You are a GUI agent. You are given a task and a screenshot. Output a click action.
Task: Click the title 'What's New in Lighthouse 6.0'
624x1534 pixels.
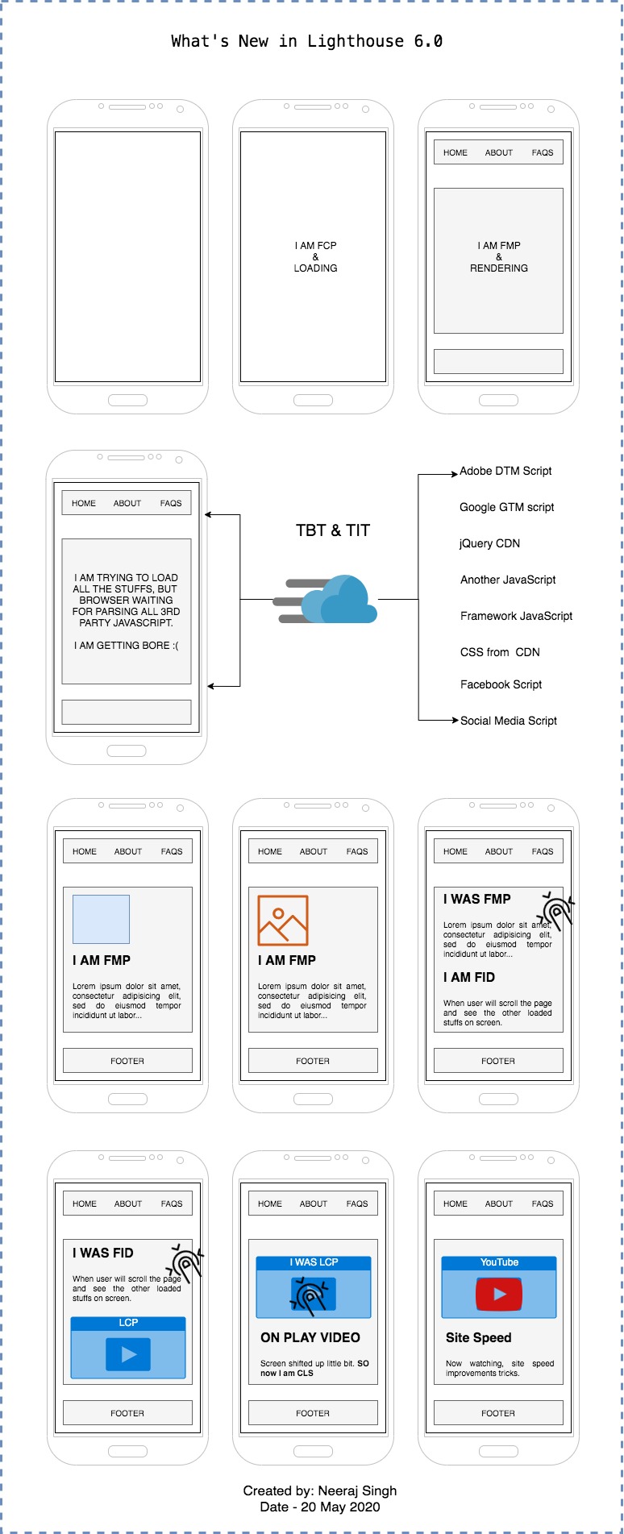tap(306, 41)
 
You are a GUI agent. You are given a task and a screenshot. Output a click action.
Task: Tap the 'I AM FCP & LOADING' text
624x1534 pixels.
tap(315, 256)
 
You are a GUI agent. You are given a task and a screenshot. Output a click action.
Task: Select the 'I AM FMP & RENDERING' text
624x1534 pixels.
tap(499, 256)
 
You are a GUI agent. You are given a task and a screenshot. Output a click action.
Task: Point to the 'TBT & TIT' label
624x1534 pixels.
tap(333, 530)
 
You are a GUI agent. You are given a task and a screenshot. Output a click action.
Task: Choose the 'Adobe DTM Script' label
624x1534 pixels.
tap(505, 471)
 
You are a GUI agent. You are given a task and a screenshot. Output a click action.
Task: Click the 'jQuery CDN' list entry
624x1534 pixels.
tap(489, 543)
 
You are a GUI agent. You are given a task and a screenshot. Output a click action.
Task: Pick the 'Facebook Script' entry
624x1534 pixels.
tap(501, 684)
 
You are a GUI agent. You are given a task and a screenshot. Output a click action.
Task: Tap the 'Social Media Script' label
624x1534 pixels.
tap(508, 721)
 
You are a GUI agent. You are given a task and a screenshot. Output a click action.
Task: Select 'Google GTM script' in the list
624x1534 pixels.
tap(506, 507)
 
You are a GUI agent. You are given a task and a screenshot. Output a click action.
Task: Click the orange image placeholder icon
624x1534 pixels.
tap(283, 920)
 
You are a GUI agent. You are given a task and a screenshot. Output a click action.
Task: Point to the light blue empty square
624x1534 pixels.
tap(101, 919)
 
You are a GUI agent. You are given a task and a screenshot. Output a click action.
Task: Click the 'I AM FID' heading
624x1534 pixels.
tap(469, 977)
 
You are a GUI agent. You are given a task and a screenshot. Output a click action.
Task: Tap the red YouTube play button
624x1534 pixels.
tap(499, 1294)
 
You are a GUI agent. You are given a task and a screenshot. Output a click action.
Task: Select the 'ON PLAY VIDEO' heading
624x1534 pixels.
tap(310, 1337)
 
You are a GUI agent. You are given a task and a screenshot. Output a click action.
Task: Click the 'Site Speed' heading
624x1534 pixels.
tap(478, 1337)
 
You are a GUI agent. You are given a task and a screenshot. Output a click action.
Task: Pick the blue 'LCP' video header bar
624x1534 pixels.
tap(128, 1323)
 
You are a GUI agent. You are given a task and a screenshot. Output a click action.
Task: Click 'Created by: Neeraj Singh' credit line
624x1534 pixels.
tap(320, 1490)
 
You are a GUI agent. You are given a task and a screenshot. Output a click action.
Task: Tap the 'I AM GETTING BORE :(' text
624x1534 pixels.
tap(127, 645)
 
